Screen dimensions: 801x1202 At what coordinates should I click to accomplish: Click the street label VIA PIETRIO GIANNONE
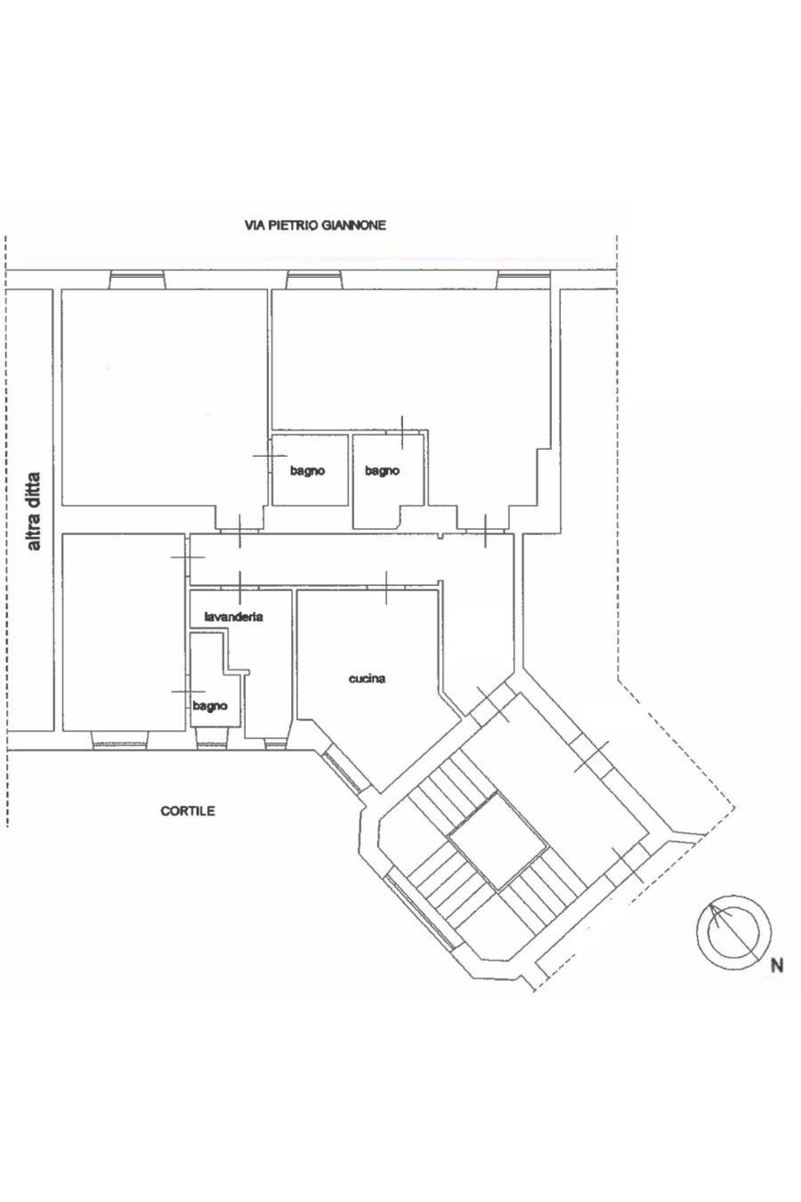click(315, 225)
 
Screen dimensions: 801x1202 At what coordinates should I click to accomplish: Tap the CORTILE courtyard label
click(188, 811)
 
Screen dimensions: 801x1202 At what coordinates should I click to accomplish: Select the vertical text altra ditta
click(34, 511)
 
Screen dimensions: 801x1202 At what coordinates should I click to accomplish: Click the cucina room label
click(367, 678)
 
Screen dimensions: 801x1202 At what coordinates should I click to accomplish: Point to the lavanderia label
click(234, 616)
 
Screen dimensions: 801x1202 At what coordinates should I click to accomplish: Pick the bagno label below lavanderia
click(210, 706)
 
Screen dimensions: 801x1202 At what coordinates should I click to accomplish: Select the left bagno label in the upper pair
click(307, 471)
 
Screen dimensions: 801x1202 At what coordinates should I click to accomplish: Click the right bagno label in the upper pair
click(382, 471)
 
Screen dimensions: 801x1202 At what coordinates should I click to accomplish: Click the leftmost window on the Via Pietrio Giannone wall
click(137, 280)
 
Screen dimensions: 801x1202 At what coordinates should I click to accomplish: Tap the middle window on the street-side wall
click(314, 280)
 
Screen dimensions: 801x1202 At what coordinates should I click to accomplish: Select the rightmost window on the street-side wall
click(523, 280)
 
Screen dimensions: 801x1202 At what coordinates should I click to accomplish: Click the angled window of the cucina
click(343, 771)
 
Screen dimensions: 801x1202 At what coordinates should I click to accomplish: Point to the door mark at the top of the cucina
click(386, 588)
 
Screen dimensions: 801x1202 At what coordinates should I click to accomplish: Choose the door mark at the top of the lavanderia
click(239, 588)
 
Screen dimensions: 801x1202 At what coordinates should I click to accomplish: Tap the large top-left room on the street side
click(164, 398)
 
